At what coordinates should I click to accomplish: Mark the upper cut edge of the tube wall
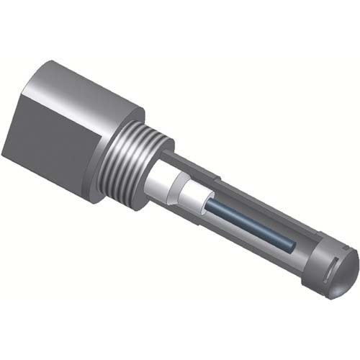238,192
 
